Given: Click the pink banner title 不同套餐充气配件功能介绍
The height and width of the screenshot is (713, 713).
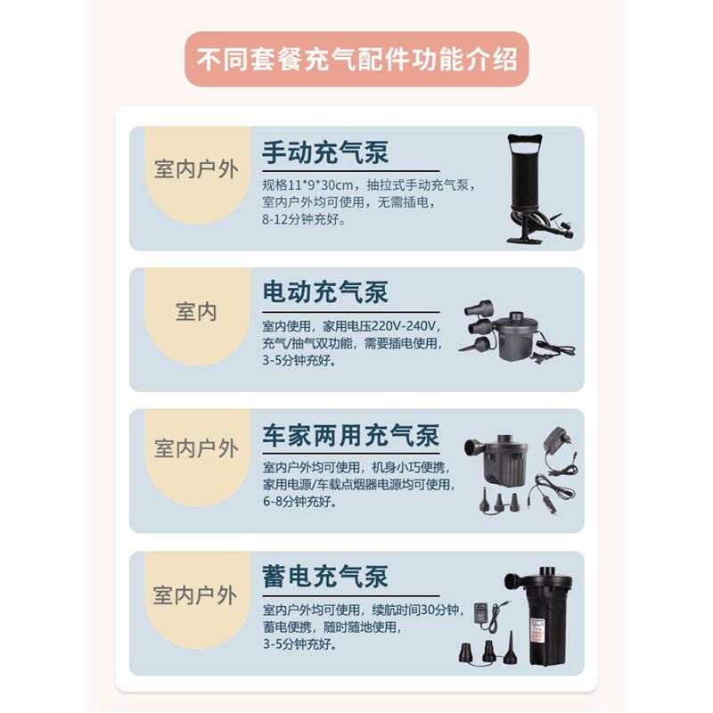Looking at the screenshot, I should click(x=356, y=61).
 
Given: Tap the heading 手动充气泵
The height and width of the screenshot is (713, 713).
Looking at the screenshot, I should click(x=325, y=152).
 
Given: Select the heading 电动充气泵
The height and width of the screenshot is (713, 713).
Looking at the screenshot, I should click(x=325, y=292).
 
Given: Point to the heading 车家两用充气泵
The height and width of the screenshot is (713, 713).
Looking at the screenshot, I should click(x=350, y=436).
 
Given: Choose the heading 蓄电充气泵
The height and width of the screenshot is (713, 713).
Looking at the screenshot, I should click(x=325, y=577).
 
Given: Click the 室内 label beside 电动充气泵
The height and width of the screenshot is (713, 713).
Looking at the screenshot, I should click(x=196, y=312).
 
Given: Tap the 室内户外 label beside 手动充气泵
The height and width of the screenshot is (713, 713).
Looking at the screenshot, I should click(x=196, y=169).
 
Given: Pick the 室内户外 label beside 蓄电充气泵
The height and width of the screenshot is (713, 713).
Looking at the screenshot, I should click(x=196, y=594).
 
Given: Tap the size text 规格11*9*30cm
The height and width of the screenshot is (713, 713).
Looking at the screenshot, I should click(x=309, y=184).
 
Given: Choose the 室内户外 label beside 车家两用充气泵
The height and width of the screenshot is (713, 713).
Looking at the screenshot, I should click(x=196, y=448).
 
